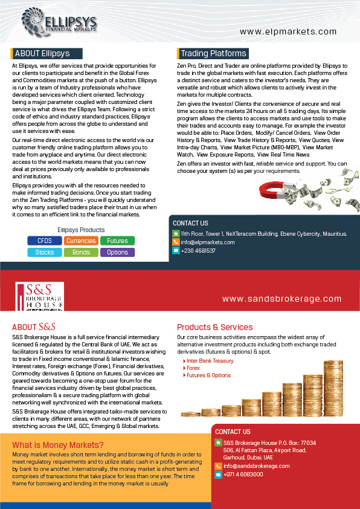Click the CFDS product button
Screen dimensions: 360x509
[44, 241]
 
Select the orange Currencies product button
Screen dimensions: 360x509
[81, 241]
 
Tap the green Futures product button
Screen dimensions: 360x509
[117, 241]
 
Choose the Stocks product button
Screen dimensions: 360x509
[44, 252]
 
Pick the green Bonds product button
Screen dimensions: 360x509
[81, 252]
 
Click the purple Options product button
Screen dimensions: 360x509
[117, 252]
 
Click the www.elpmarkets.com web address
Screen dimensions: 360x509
[288, 32]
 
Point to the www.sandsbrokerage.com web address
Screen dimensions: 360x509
[281, 299]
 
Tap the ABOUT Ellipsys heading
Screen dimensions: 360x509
[42, 53]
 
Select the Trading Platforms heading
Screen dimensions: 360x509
[213, 53]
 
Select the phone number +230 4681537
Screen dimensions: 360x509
[198, 250]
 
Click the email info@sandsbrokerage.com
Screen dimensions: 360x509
[256, 466]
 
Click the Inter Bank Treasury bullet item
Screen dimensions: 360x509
[210, 361]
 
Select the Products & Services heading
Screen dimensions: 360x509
[214, 327]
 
